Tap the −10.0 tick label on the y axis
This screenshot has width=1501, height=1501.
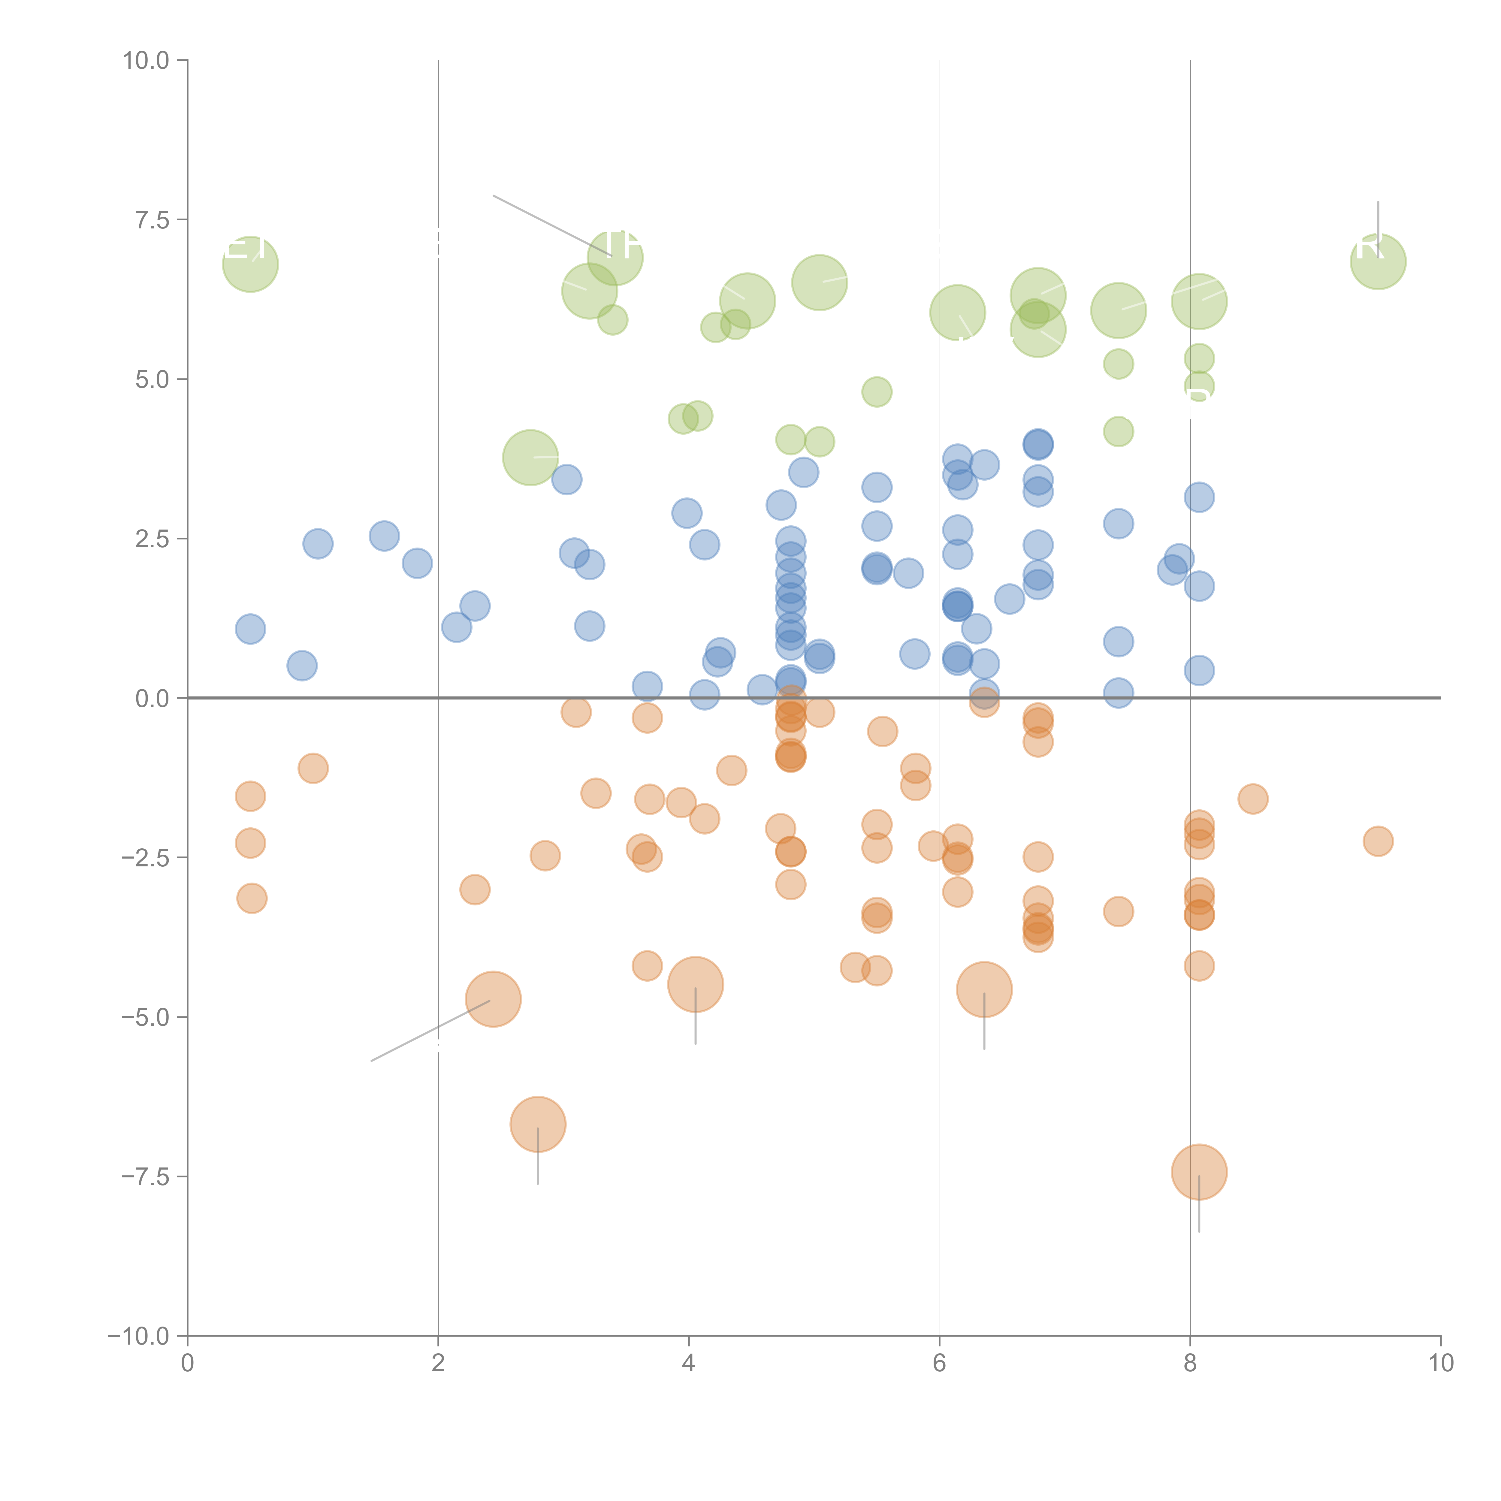tap(138, 1336)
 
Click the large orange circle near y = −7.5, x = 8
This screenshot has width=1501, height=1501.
tap(1199, 1172)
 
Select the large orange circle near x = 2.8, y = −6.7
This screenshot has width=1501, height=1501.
tap(538, 1124)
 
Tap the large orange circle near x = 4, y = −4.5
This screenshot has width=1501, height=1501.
tap(695, 984)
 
